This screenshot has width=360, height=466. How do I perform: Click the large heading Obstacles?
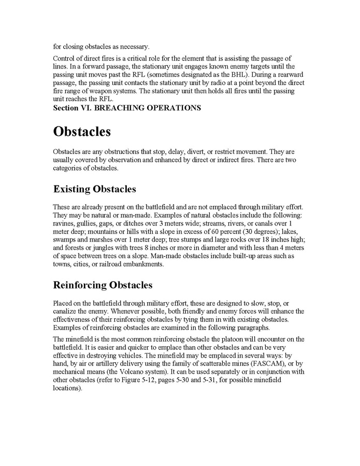click(x=82, y=132)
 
